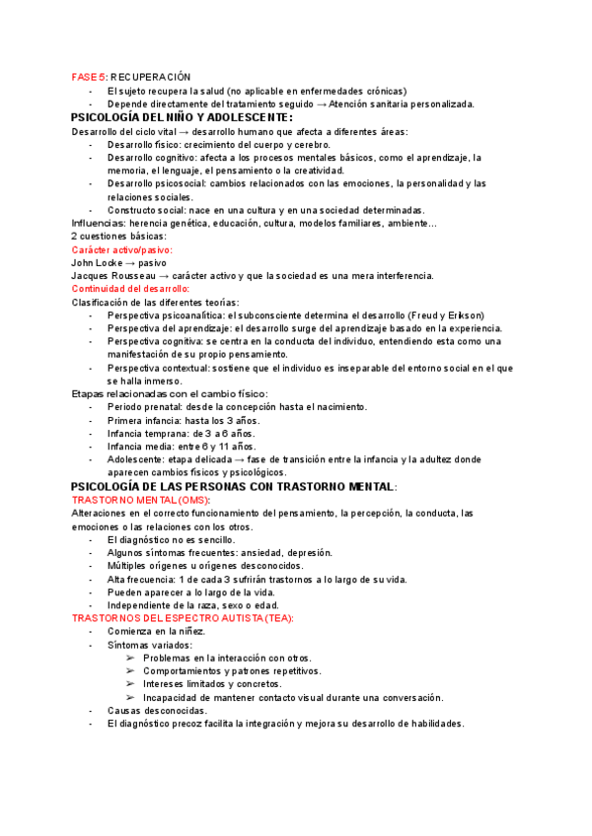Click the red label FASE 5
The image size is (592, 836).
[88, 77]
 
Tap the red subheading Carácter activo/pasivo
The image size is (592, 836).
[122, 249]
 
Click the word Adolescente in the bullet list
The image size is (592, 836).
[138, 459]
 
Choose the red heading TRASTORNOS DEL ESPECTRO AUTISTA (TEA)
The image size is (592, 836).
[183, 617]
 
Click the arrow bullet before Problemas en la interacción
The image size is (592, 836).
[131, 658]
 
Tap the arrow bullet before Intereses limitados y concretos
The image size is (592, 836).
[131, 684]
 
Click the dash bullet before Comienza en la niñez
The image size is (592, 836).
[92, 631]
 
